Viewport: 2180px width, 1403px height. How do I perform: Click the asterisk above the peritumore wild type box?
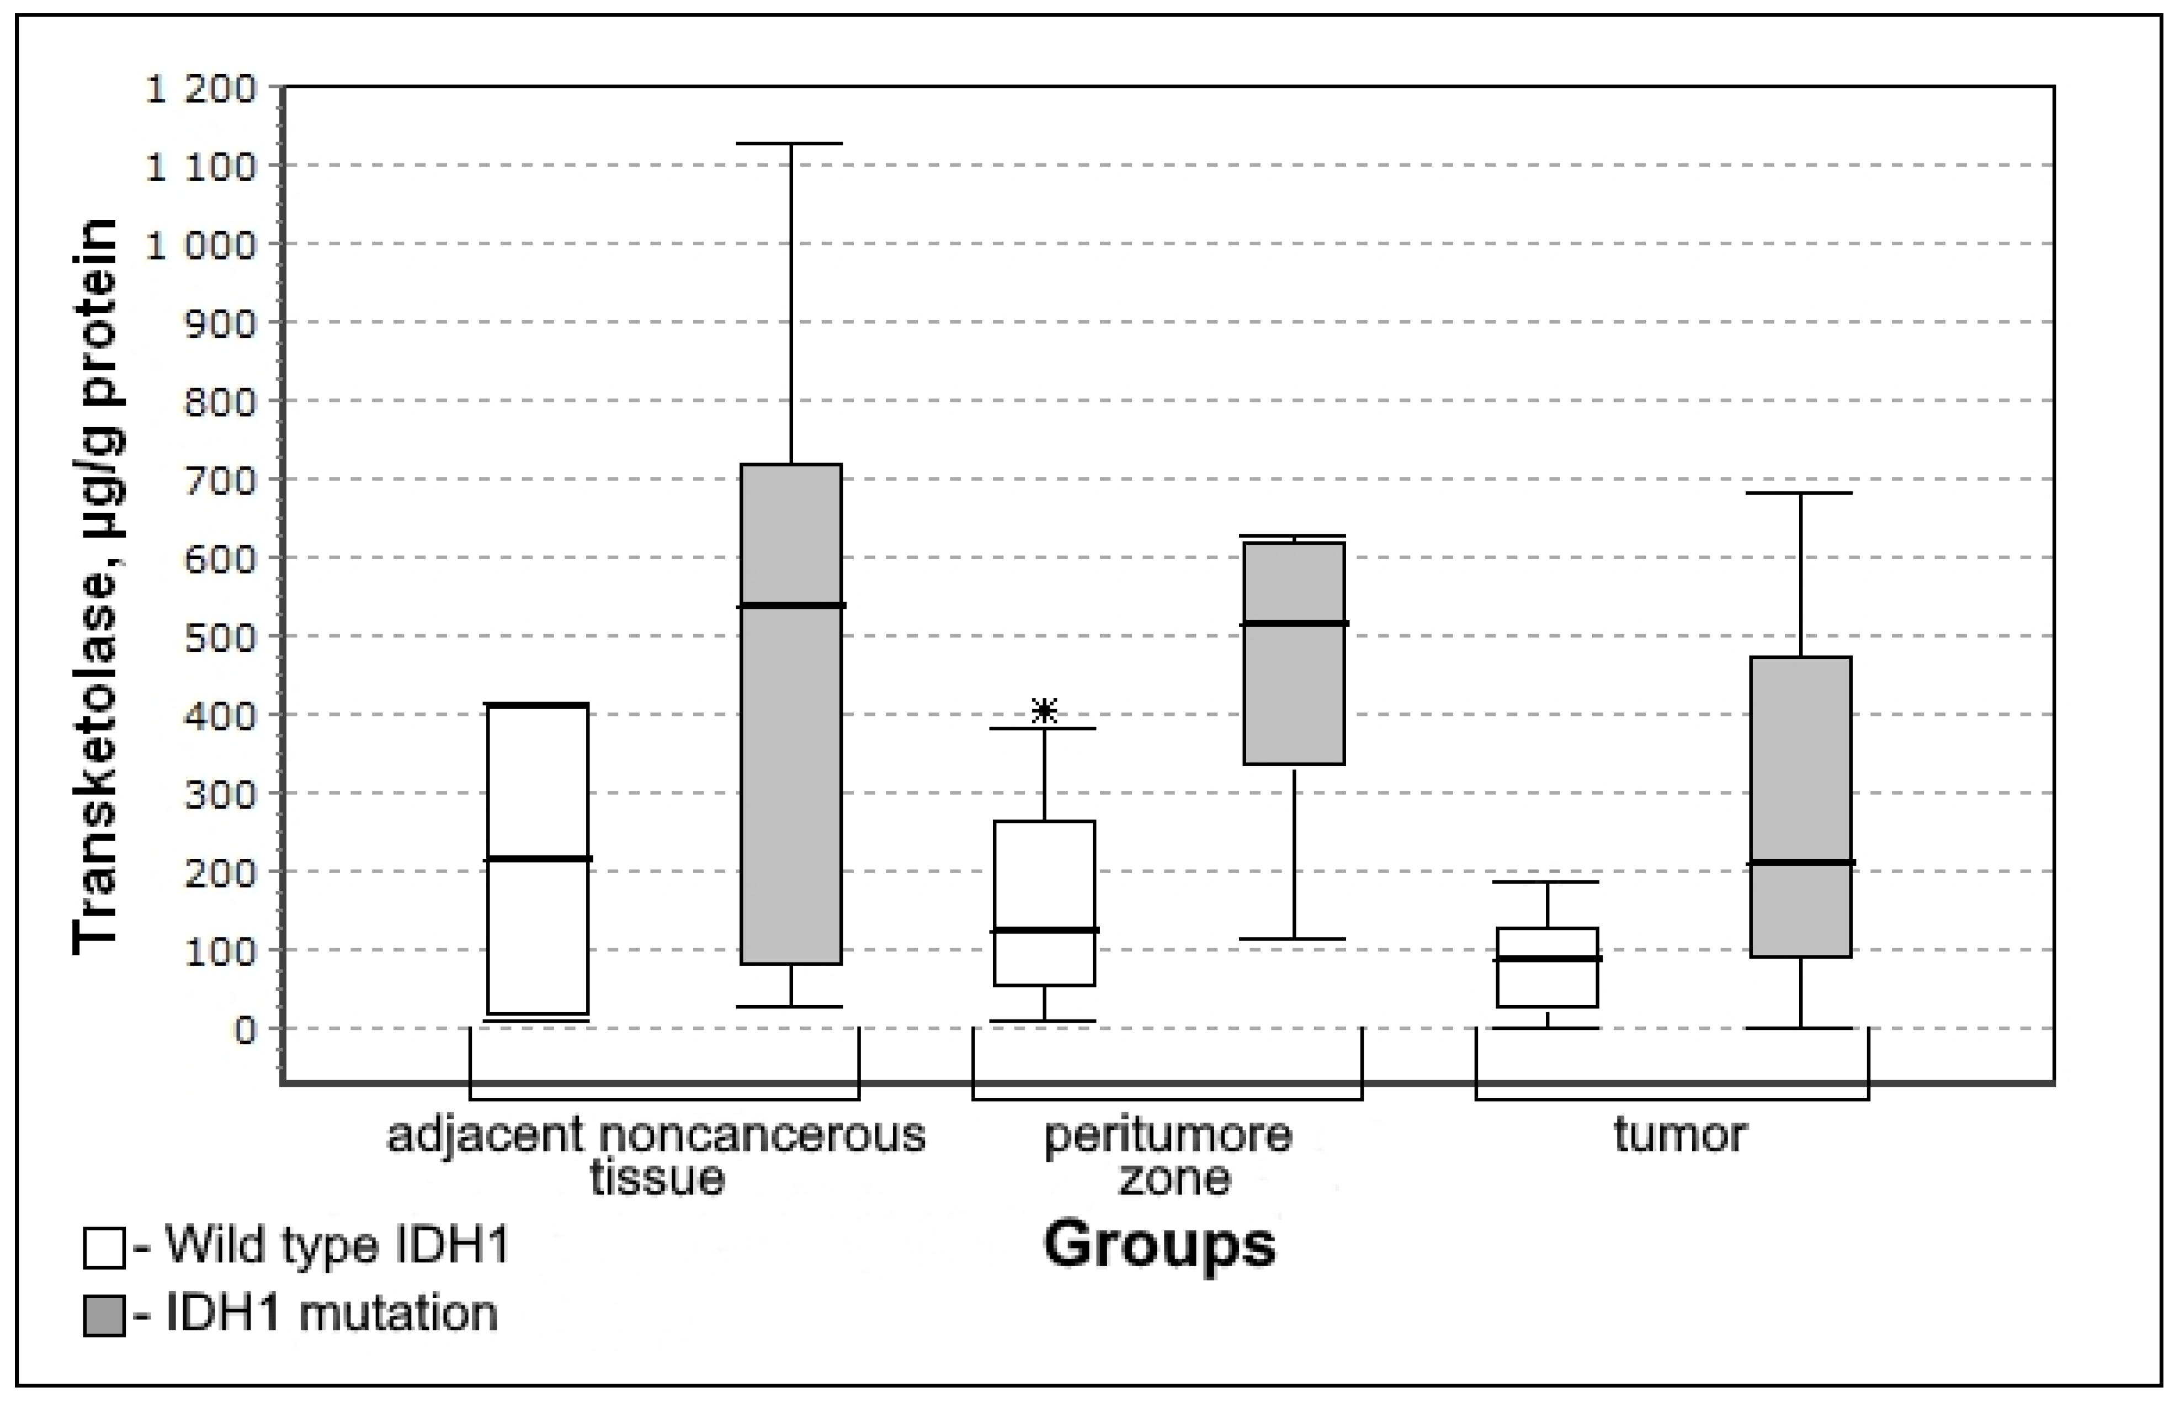point(1044,711)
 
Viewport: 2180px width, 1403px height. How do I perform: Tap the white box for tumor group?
point(1548,968)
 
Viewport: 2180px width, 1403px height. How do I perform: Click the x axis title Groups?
point(1159,1245)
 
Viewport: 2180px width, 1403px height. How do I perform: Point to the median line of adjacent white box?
point(539,858)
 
